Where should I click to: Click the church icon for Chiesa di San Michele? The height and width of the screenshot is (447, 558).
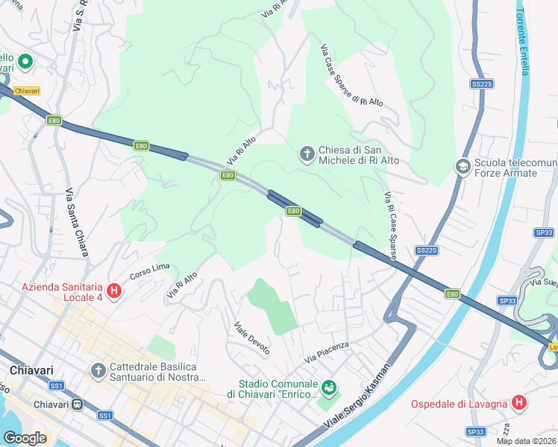[x=307, y=154]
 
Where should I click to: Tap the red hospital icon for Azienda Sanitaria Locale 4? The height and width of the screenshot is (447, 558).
[x=114, y=291]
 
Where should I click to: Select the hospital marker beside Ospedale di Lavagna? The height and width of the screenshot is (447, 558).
[x=519, y=404]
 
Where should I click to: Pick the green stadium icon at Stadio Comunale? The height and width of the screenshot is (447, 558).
[x=328, y=387]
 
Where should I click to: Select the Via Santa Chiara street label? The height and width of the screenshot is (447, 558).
[x=76, y=221]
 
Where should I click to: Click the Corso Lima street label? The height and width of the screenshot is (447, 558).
[x=151, y=271]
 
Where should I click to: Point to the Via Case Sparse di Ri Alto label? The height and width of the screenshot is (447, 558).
[x=351, y=76]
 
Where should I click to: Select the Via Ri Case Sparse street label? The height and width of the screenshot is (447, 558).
[x=390, y=225]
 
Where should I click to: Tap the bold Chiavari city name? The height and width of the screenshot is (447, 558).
[x=28, y=370]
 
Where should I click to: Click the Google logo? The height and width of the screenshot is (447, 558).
[x=25, y=438]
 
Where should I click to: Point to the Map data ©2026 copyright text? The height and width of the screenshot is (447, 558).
[x=527, y=441]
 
